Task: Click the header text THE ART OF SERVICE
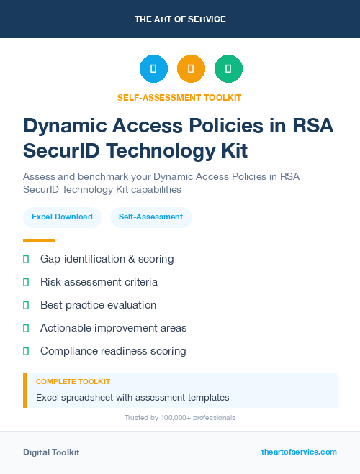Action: pyautogui.click(x=180, y=19)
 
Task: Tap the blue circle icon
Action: pyautogui.click(x=153, y=69)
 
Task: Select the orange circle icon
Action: pyautogui.click(x=191, y=69)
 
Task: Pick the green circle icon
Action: pyautogui.click(x=228, y=69)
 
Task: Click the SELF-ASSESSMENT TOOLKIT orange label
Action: pyautogui.click(x=180, y=97)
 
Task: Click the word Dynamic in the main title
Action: pyautogui.click(x=66, y=126)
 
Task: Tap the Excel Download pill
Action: pyautogui.click(x=62, y=217)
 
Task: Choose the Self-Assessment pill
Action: pyautogui.click(x=150, y=217)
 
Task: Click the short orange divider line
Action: pyautogui.click(x=39, y=240)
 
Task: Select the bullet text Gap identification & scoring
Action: pyautogui.click(x=107, y=259)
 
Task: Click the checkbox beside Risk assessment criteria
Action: pyautogui.click(x=26, y=282)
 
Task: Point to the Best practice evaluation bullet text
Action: pyautogui.click(x=98, y=305)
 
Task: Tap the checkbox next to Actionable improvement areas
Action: pyautogui.click(x=26, y=328)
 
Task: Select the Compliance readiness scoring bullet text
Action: pyautogui.click(x=113, y=351)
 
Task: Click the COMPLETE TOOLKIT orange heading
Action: pyautogui.click(x=73, y=381)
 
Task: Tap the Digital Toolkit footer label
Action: pyautogui.click(x=51, y=452)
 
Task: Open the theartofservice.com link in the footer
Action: pyautogui.click(x=299, y=452)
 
